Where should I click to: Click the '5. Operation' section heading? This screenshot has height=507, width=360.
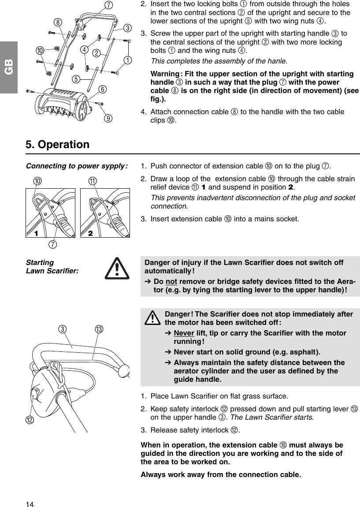click(57, 145)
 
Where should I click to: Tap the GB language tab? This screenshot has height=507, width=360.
click(8, 67)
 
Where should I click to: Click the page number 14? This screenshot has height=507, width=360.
click(29, 503)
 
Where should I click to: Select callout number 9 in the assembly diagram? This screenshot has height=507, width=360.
click(107, 118)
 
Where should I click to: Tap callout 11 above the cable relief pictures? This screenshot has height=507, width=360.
click(93, 182)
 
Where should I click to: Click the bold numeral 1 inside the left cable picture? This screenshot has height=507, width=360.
click(37, 233)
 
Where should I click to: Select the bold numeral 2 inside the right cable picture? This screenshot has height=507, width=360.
click(90, 233)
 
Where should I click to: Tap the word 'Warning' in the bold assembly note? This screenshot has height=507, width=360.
click(166, 73)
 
